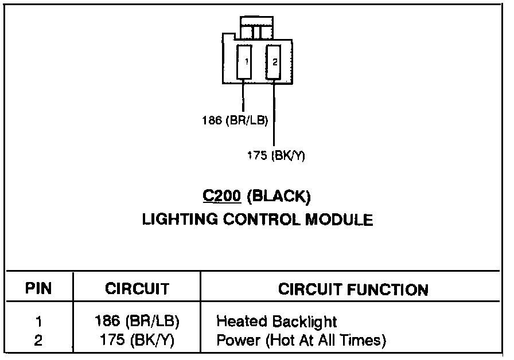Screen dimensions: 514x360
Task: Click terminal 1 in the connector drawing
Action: click(x=245, y=62)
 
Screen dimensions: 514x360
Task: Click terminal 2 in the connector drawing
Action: click(x=274, y=62)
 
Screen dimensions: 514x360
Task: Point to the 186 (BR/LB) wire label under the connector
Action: click(x=235, y=120)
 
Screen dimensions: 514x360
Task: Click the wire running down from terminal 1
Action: click(x=243, y=96)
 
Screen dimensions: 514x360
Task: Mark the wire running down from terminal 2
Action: click(x=274, y=115)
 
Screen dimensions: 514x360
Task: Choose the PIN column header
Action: click(x=38, y=289)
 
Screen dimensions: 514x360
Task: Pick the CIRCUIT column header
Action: click(x=137, y=289)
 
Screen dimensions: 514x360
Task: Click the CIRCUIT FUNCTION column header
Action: click(x=353, y=289)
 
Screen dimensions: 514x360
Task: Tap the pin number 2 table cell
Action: click(x=38, y=341)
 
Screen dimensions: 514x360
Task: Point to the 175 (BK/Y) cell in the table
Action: click(x=137, y=341)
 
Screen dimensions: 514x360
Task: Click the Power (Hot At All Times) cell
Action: click(x=301, y=341)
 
